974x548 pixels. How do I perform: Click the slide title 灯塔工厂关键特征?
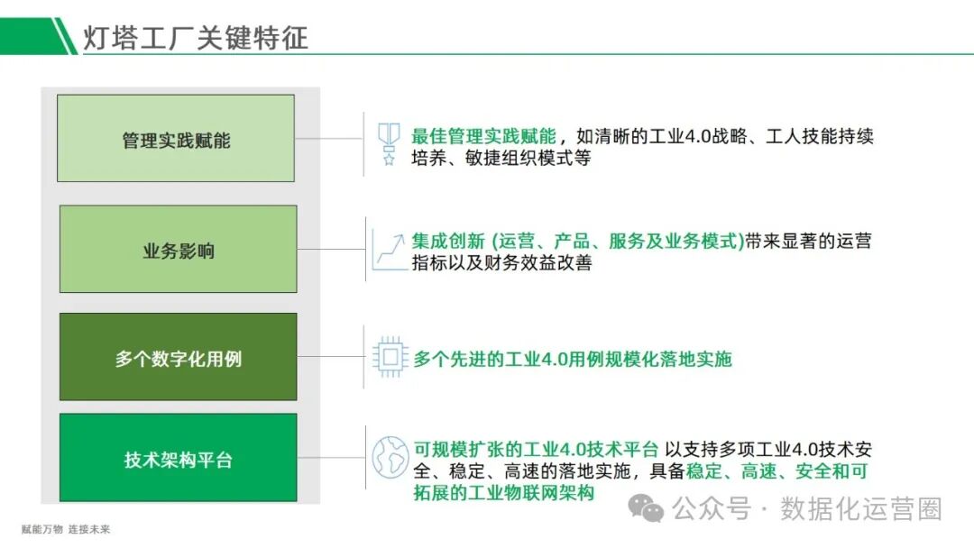[x=196, y=37]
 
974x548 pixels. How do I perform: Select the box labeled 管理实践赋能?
[x=176, y=139]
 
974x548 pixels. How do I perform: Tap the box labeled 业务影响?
[x=178, y=250]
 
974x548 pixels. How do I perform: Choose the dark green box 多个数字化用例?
[x=178, y=358]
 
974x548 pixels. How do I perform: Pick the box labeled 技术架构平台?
[x=178, y=458]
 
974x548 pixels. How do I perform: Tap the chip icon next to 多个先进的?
[x=390, y=358]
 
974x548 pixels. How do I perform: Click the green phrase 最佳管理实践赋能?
[x=483, y=137]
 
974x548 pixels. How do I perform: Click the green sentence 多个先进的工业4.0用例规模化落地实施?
[x=572, y=359]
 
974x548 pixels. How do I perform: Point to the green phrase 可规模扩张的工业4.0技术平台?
[x=536, y=449]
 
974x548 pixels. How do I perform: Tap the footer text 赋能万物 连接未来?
[x=66, y=530]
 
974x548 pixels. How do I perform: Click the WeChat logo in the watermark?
[x=647, y=508]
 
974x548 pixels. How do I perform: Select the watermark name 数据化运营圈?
[x=860, y=508]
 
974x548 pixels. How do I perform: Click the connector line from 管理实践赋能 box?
[x=328, y=139]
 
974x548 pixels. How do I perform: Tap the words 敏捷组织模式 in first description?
[x=516, y=159]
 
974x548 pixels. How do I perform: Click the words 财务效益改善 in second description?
[x=527, y=263]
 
